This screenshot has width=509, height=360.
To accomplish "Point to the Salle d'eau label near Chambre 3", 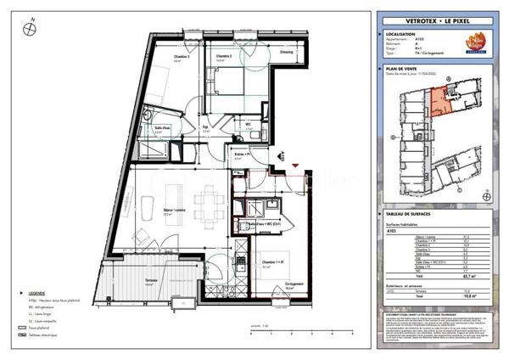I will tap(158, 129).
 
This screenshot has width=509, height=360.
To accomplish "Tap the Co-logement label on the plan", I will tap(294, 284).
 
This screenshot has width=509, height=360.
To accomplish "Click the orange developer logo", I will tap(468, 42).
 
